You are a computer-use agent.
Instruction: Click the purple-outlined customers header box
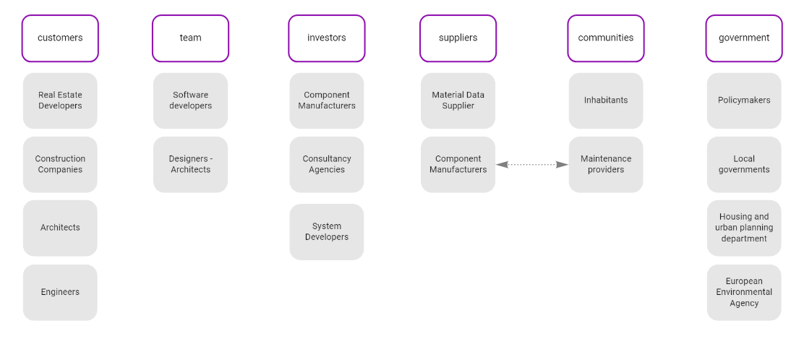tap(60, 38)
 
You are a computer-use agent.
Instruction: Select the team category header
tap(190, 38)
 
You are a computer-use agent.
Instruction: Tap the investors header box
tap(326, 38)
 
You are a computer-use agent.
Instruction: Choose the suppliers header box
tap(458, 38)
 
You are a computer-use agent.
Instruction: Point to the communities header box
tap(605, 38)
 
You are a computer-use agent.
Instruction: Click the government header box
tap(743, 38)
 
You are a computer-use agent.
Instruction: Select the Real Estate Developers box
tap(60, 100)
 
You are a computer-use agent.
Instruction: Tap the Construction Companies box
tap(60, 164)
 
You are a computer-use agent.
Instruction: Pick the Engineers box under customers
tap(60, 292)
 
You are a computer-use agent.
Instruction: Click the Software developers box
tap(190, 100)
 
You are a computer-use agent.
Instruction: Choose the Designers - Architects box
tap(190, 164)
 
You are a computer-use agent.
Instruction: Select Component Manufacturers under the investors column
tap(326, 100)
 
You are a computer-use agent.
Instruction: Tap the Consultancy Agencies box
tap(326, 164)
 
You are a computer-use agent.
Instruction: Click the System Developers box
tap(326, 231)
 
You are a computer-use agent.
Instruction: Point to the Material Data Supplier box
tap(458, 100)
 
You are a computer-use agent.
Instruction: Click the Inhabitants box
tap(605, 100)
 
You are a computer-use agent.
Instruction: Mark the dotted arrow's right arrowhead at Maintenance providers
tap(563, 165)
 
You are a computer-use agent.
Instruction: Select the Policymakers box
tap(743, 100)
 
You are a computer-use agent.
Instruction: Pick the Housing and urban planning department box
tap(743, 228)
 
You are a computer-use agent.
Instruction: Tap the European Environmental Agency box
tap(743, 292)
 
